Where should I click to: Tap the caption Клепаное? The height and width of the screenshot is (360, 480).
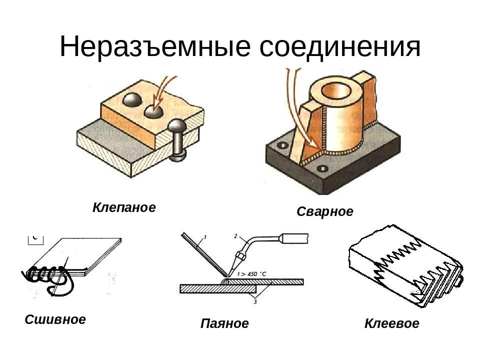(124, 207)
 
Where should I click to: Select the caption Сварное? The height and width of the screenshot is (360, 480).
(324, 211)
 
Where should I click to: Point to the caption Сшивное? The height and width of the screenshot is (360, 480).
(55, 319)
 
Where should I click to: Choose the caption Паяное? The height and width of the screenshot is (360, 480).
(224, 323)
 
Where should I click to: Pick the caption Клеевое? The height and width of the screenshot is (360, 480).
(391, 323)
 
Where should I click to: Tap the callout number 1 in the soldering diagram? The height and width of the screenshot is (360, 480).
(205, 236)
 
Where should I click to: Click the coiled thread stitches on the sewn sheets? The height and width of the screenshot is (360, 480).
(45, 274)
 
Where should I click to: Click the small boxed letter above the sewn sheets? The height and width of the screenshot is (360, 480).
(35, 238)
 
